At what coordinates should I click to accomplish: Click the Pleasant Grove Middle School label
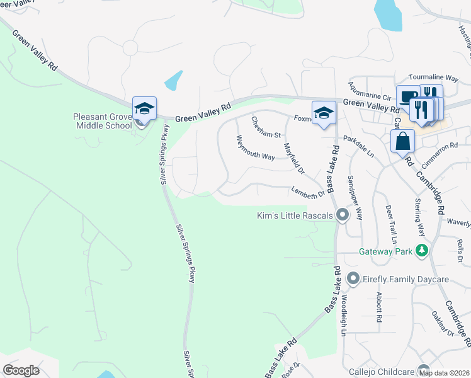(x=102, y=120)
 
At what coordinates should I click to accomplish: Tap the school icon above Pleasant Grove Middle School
(x=144, y=108)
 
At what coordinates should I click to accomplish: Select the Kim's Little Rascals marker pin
(x=343, y=215)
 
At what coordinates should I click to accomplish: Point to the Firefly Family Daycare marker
(x=353, y=278)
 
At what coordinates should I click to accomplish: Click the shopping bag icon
(x=402, y=141)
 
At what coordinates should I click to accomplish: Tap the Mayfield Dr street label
(x=293, y=157)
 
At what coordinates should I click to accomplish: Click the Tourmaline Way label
(x=433, y=77)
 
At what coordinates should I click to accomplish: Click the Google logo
(x=21, y=370)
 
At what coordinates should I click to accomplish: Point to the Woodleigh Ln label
(x=343, y=321)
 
